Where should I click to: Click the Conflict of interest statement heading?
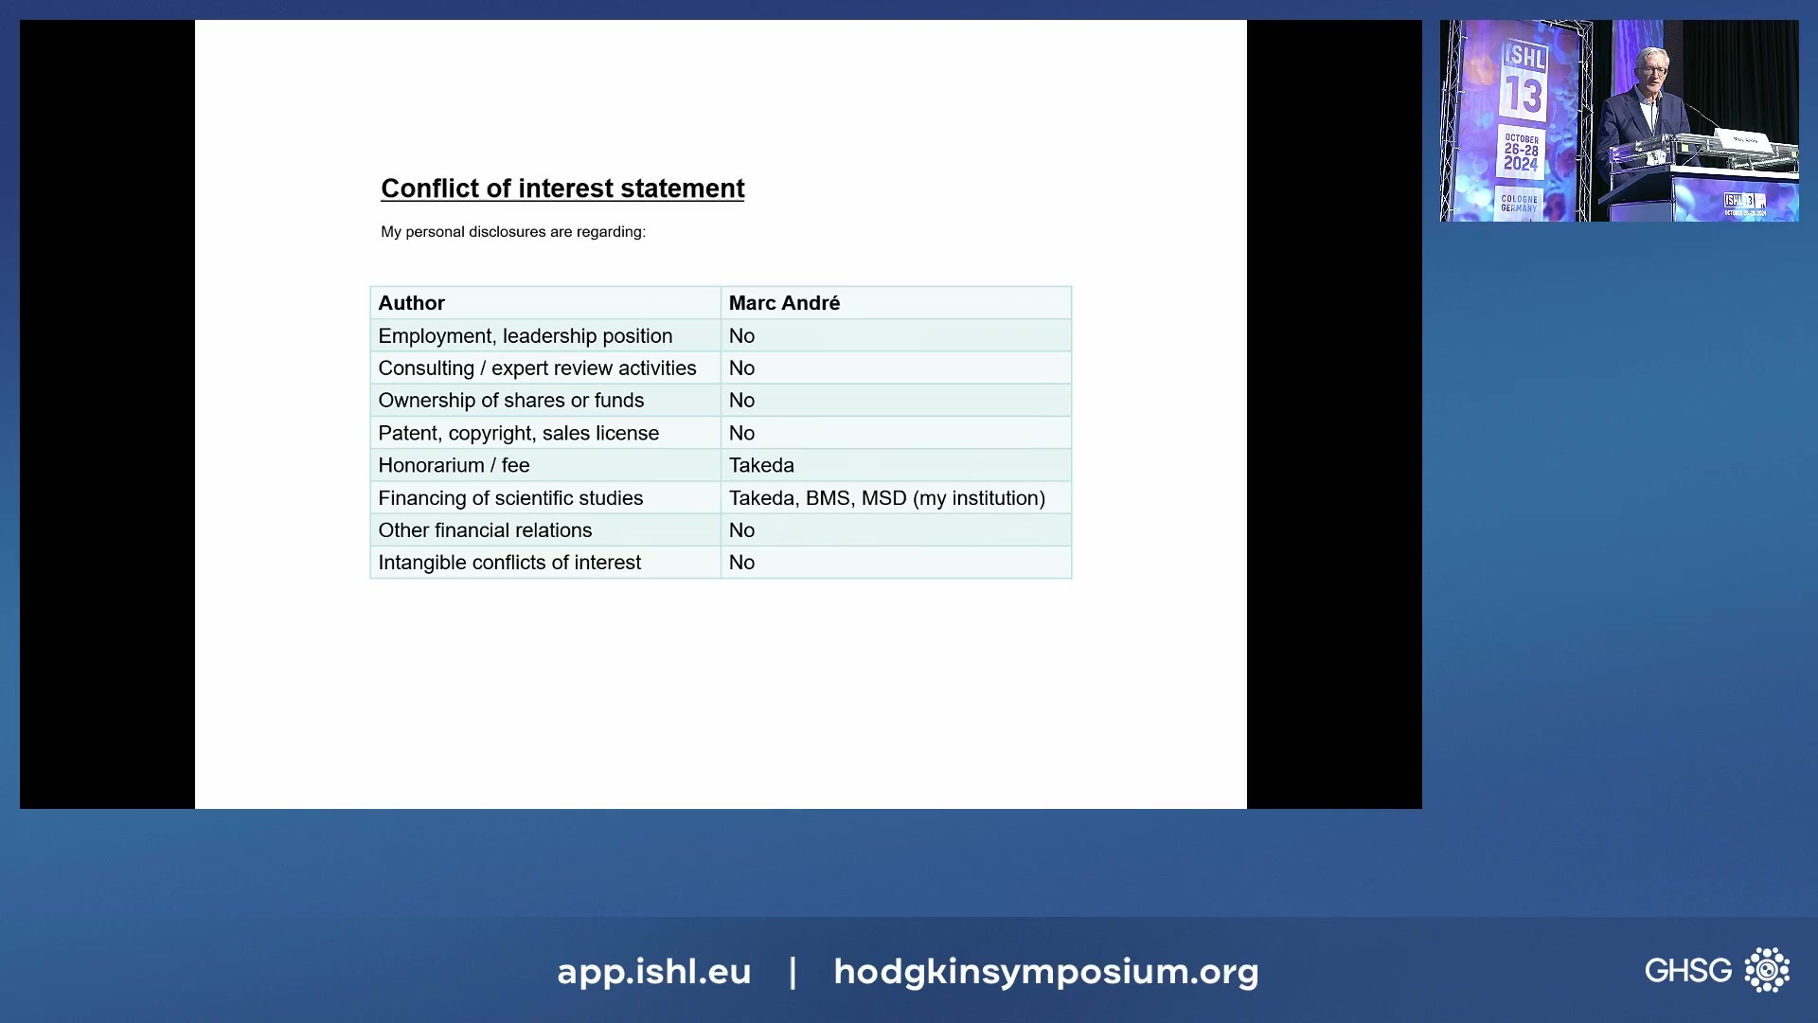[x=562, y=188]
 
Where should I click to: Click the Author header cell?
[x=412, y=303]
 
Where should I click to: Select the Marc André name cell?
[x=784, y=303]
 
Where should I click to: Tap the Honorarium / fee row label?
[x=454, y=465]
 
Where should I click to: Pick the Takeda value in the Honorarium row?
[x=761, y=465]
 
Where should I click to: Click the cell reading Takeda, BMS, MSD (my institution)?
[x=886, y=498]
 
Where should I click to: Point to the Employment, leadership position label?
[x=525, y=336]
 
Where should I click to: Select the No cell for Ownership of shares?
[x=741, y=401]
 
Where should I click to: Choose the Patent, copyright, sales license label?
[x=518, y=433]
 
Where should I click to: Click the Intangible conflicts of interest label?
[x=509, y=563]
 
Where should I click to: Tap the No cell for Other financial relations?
[x=741, y=530]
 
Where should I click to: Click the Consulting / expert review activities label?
[x=537, y=368]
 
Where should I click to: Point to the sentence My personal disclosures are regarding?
[x=513, y=232]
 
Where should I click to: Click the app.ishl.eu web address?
[x=653, y=972]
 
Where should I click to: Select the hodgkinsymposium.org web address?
[x=1045, y=972]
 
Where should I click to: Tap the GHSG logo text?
[x=1687, y=971]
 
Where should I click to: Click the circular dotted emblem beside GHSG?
[x=1767, y=970]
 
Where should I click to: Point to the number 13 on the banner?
[x=1524, y=96]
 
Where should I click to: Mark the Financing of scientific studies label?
[x=510, y=498]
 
